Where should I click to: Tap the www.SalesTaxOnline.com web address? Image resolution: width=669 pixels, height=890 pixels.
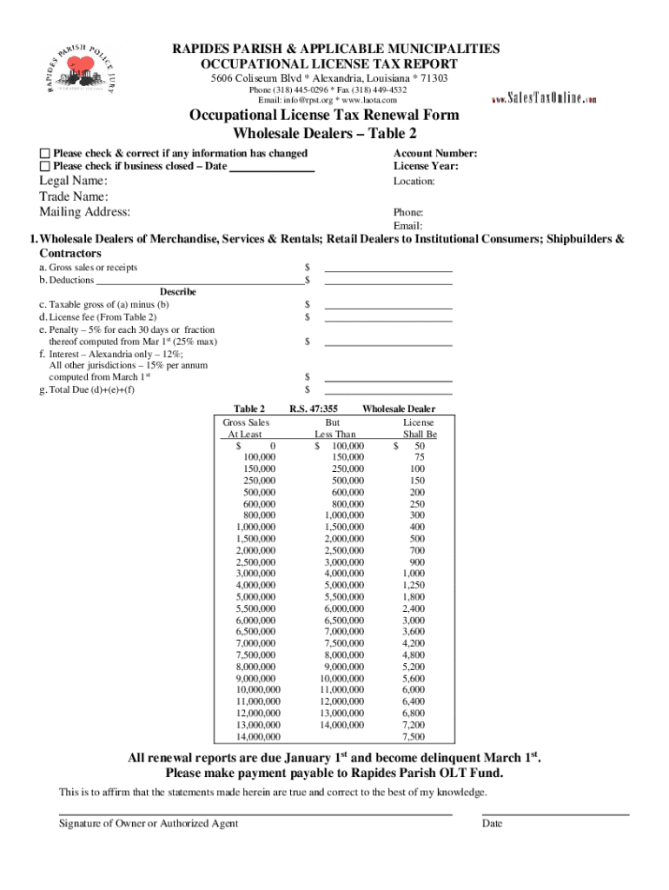click(x=543, y=99)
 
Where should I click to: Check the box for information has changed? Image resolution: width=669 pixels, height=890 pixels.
click(x=45, y=154)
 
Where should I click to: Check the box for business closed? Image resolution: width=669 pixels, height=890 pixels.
click(x=45, y=167)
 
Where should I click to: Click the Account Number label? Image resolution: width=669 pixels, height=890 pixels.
click(x=435, y=154)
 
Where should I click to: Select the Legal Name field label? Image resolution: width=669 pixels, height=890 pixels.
click(x=73, y=181)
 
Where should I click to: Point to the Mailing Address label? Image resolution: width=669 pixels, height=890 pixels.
click(x=84, y=212)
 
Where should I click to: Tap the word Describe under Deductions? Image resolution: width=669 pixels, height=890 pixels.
click(x=177, y=292)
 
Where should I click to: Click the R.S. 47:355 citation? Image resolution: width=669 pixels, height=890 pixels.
click(x=314, y=408)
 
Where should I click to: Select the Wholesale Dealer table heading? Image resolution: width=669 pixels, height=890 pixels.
click(x=399, y=408)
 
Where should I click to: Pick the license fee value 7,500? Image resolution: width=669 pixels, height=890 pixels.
click(x=414, y=737)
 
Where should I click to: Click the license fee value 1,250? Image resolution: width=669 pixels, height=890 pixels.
click(x=414, y=585)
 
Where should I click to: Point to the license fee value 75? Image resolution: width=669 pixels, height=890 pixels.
click(x=419, y=457)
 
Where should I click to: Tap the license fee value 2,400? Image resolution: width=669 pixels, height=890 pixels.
click(x=414, y=609)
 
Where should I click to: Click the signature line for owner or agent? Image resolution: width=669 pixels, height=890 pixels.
click(x=255, y=814)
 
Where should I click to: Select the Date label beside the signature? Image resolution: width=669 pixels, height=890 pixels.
click(x=492, y=824)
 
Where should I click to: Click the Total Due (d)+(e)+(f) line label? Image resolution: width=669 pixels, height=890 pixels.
click(x=87, y=389)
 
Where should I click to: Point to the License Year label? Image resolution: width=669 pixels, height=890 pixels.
click(x=426, y=166)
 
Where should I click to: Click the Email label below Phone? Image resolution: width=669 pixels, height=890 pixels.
click(x=407, y=226)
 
